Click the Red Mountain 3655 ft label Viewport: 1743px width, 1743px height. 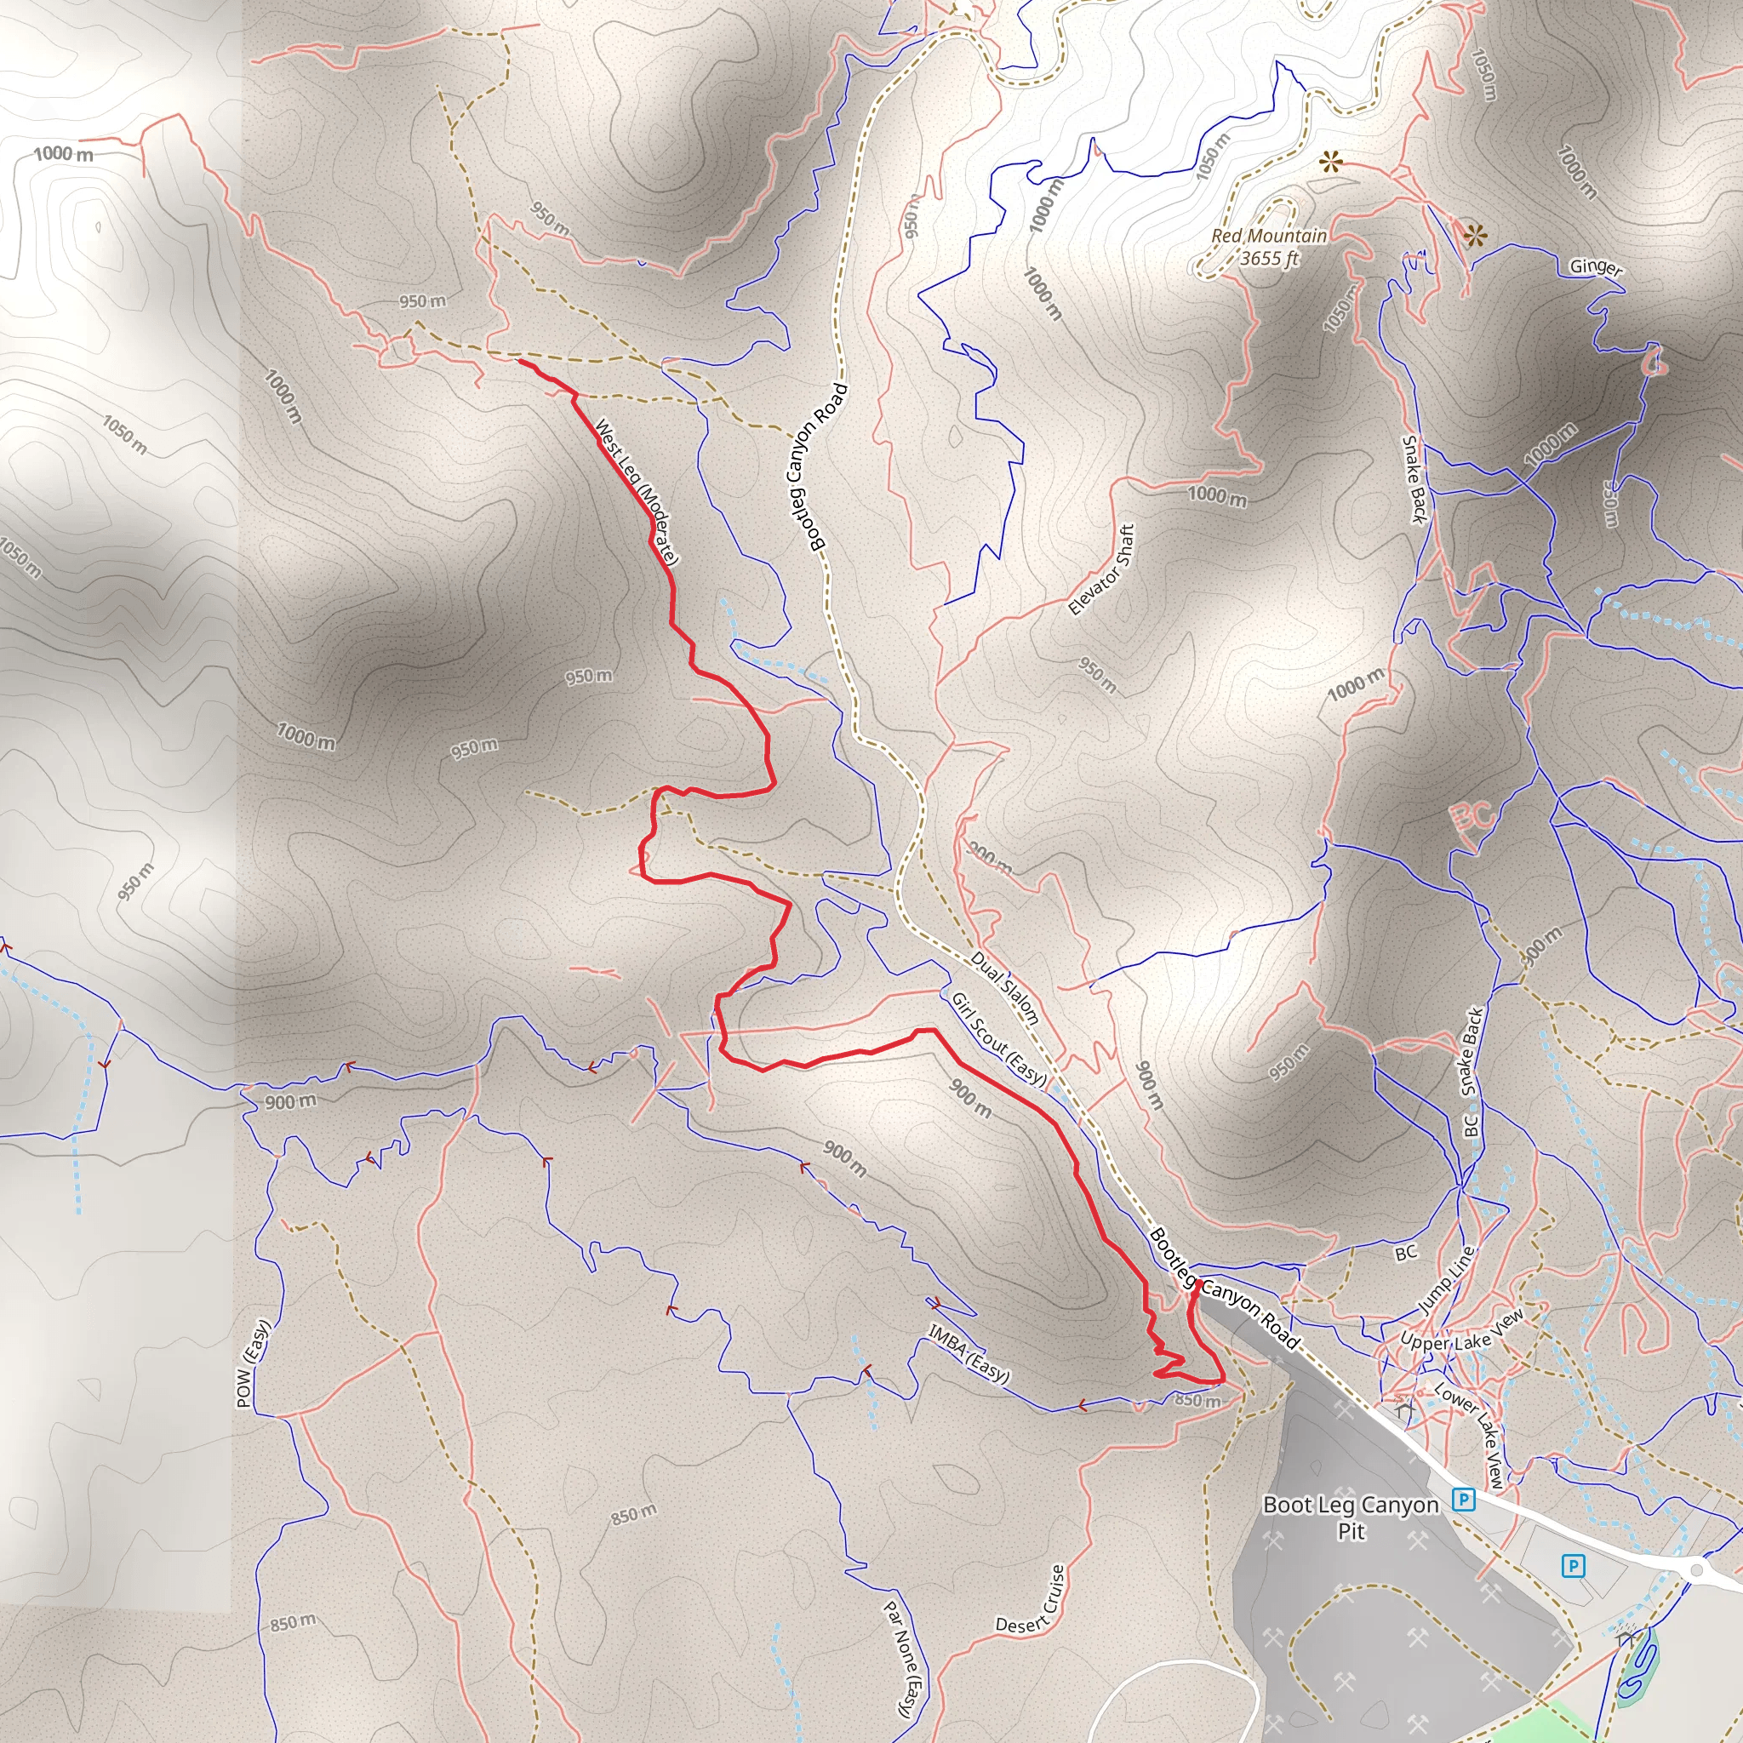pyautogui.click(x=1268, y=247)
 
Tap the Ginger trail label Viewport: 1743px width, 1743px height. pyautogui.click(x=1595, y=267)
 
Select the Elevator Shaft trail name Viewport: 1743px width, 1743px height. pyautogui.click(x=1100, y=569)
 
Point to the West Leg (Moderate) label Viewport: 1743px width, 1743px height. pyautogui.click(x=636, y=491)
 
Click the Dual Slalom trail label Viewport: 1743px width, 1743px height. pyautogui.click(x=1005, y=987)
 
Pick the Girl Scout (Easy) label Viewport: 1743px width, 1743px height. pyautogui.click(x=998, y=1039)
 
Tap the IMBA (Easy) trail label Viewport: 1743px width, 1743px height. pyautogui.click(x=968, y=1353)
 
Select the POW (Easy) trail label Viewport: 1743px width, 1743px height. pyautogui.click(x=253, y=1364)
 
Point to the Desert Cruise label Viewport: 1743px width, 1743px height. pyautogui.click(x=1032, y=1599)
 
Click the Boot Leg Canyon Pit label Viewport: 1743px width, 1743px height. pyautogui.click(x=1351, y=1517)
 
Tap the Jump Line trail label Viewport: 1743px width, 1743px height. pyautogui.click(x=1446, y=1279)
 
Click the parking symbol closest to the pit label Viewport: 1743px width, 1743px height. pyautogui.click(x=1463, y=1500)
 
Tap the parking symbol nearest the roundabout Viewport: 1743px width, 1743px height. pyautogui.click(x=1573, y=1565)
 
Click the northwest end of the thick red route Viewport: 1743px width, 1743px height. pyautogui.click(x=519, y=361)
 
